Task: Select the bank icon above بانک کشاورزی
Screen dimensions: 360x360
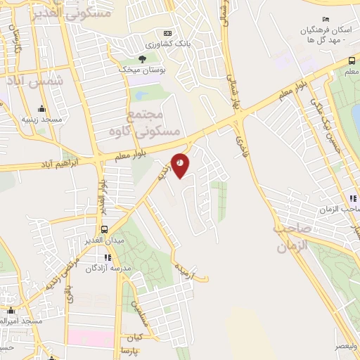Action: pos(167,33)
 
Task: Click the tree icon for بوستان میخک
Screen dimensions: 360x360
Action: pos(142,59)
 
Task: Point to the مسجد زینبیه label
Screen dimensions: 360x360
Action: pos(41,120)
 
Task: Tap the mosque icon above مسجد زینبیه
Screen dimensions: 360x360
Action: pos(41,108)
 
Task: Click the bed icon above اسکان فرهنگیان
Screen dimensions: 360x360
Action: pos(324,19)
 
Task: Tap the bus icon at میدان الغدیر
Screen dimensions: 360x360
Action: pos(105,229)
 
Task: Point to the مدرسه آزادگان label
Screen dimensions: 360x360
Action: pos(106,269)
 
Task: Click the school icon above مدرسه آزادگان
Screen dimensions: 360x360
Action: pos(107,257)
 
